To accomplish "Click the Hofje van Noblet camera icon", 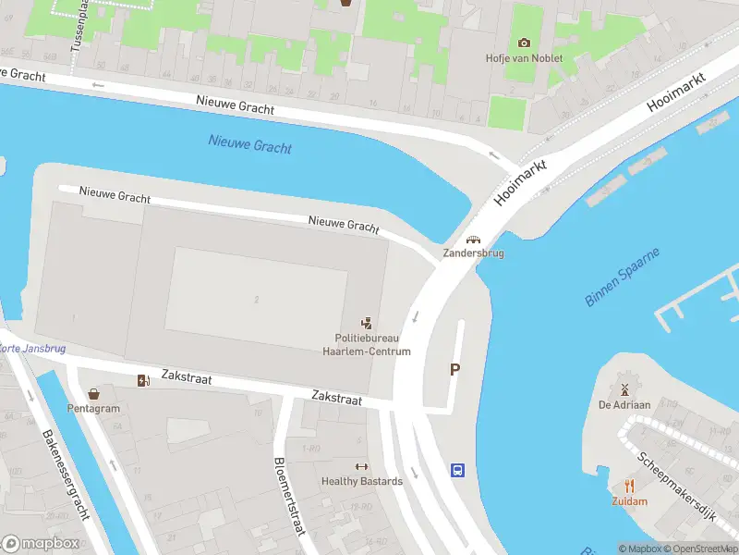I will pyautogui.click(x=524, y=43).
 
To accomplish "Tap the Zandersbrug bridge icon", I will pyautogui.click(x=473, y=240).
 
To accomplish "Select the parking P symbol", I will pyautogui.click(x=454, y=369).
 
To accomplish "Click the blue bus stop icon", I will pyautogui.click(x=457, y=470).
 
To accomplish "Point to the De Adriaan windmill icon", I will pyautogui.click(x=624, y=389).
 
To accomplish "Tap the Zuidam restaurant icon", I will pyautogui.click(x=629, y=486).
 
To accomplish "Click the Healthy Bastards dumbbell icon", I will pyautogui.click(x=361, y=467).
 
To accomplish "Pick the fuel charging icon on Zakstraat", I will pyautogui.click(x=143, y=380).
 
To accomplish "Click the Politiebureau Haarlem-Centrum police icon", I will pyautogui.click(x=367, y=323).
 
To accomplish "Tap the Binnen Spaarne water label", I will pyautogui.click(x=624, y=277).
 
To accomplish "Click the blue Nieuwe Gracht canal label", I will pyautogui.click(x=249, y=144).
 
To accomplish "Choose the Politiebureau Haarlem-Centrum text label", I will pyautogui.click(x=366, y=345).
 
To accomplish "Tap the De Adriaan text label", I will pyautogui.click(x=624, y=405).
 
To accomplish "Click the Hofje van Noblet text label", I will pyautogui.click(x=524, y=58).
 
